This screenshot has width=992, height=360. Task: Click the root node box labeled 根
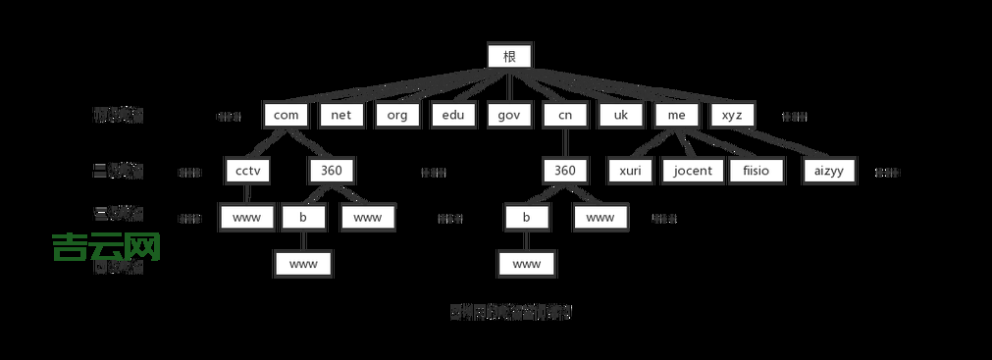(509, 56)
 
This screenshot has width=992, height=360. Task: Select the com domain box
(287, 115)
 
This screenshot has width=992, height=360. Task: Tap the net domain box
(341, 115)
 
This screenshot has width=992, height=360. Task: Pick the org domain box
(396, 115)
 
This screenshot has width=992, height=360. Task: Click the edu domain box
(452, 115)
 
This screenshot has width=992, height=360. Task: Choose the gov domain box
(508, 115)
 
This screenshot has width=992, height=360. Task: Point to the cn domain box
(564, 115)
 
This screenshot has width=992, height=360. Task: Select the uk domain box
(620, 115)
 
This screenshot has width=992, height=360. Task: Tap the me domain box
(676, 115)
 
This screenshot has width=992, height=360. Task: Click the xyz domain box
(732, 115)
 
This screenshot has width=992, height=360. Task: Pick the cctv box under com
(246, 171)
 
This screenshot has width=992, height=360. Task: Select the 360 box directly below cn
(564, 171)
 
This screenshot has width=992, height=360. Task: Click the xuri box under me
(630, 171)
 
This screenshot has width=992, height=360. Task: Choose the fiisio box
(756, 171)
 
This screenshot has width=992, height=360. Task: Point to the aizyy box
(829, 171)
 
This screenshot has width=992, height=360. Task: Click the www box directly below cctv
(246, 217)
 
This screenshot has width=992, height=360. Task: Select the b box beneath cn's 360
(527, 217)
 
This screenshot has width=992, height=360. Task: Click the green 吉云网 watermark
(106, 246)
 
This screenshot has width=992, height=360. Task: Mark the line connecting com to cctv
(266, 142)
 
